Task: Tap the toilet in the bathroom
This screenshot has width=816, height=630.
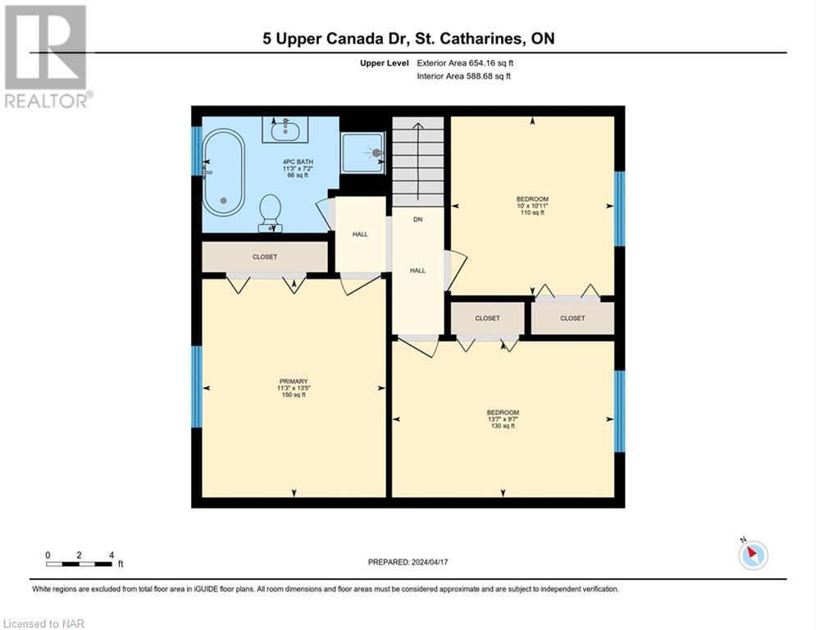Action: tap(270, 213)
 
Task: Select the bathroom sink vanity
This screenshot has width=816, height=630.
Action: tap(285, 129)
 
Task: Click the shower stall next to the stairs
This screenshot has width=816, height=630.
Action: tap(362, 152)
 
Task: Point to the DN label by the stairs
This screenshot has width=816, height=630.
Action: tap(417, 219)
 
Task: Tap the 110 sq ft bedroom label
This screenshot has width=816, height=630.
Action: tap(531, 206)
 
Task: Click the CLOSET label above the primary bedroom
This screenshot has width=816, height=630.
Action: tap(264, 257)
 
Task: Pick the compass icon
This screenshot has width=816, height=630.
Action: tap(752, 555)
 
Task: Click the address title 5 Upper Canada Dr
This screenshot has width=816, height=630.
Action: tap(408, 39)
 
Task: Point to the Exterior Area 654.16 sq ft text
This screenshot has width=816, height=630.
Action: tap(464, 62)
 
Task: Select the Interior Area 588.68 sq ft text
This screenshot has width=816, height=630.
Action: tap(464, 76)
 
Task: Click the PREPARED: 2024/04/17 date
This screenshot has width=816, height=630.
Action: tap(408, 562)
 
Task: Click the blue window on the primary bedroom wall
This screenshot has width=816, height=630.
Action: tap(197, 386)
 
